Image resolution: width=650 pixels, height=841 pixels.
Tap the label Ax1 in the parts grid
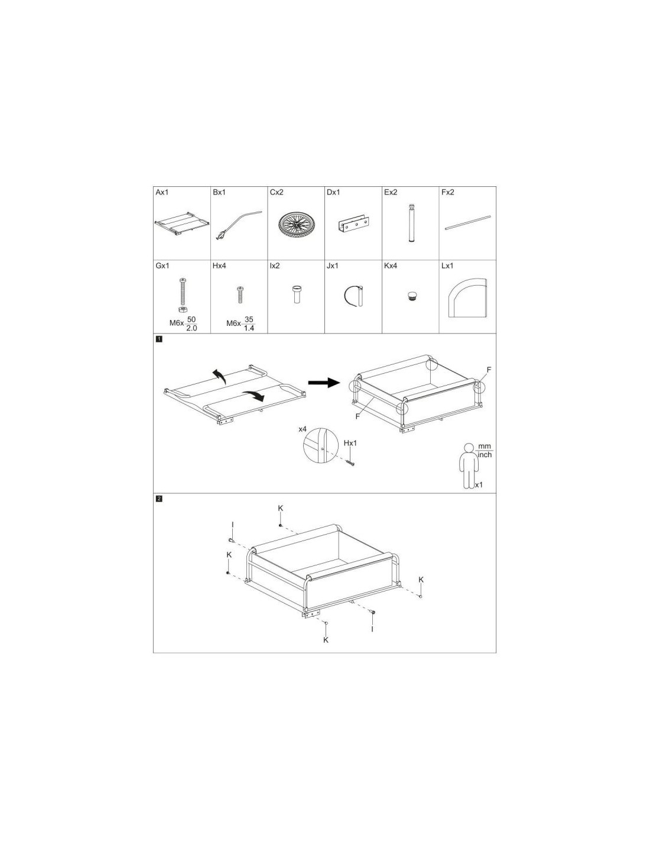click(162, 192)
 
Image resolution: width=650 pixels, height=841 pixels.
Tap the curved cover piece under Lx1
click(467, 297)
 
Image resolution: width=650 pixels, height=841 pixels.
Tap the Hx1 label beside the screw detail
click(350, 443)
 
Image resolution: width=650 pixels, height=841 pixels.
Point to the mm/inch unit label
click(485, 450)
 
